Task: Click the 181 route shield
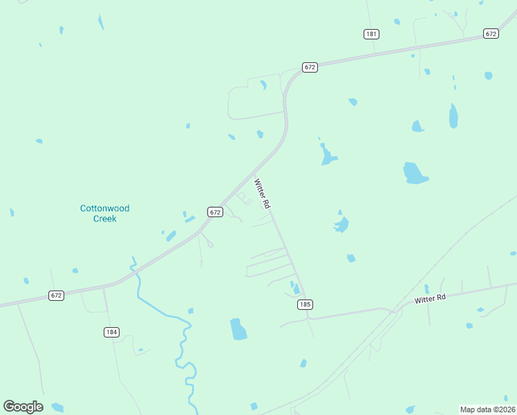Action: click(372, 33)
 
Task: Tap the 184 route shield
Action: click(111, 332)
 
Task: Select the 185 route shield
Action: click(305, 304)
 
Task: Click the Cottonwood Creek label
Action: click(105, 213)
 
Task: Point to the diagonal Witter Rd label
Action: click(261, 194)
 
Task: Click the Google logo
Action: click(23, 407)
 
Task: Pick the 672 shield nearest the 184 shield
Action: click(57, 295)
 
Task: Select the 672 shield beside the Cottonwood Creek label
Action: click(215, 212)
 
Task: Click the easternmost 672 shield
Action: click(491, 33)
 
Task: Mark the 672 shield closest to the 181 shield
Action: click(309, 67)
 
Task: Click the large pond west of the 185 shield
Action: click(238, 329)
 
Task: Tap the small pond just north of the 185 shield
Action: click(296, 288)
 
